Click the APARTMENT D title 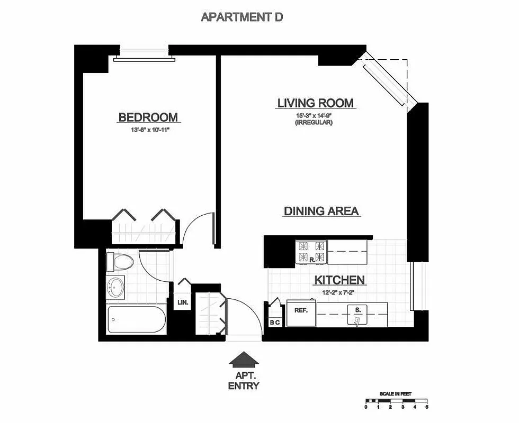pos(242,17)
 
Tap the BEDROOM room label pos(148,117)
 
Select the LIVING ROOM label pos(316,103)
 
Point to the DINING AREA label pos(321,211)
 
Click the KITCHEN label pos(339,280)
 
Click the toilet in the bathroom pos(118,261)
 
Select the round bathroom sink pos(115,287)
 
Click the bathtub pos(137,319)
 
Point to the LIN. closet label pos(182,303)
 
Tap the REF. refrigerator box pos(301,311)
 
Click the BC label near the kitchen pos(275,322)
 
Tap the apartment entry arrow pos(244,360)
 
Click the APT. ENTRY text pos(244,380)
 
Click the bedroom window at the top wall pos(144,54)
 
